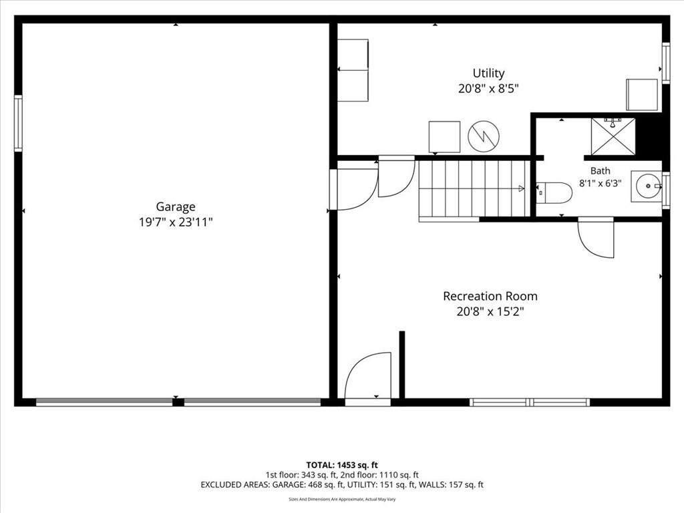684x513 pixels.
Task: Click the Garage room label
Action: (x=176, y=207)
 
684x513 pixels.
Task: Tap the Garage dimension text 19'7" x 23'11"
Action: (x=176, y=222)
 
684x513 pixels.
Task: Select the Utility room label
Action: (x=488, y=73)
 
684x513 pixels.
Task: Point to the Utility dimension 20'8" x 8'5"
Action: (x=488, y=89)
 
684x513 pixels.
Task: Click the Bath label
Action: (x=601, y=171)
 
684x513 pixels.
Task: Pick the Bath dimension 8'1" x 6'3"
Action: (x=601, y=183)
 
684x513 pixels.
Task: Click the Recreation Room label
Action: (x=490, y=296)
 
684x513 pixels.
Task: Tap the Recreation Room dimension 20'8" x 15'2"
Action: (x=490, y=312)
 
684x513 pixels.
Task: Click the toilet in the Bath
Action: (x=554, y=193)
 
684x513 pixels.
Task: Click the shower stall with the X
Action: (x=613, y=136)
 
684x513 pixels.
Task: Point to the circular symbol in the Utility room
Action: (x=484, y=136)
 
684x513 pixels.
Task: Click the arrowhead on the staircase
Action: (x=521, y=188)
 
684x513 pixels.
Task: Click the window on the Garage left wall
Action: (x=18, y=124)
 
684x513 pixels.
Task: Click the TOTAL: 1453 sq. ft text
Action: (x=342, y=465)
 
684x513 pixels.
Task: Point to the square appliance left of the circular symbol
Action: (x=444, y=137)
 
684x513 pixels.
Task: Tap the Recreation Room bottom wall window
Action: (x=530, y=402)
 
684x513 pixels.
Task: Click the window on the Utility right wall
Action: (x=666, y=63)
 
